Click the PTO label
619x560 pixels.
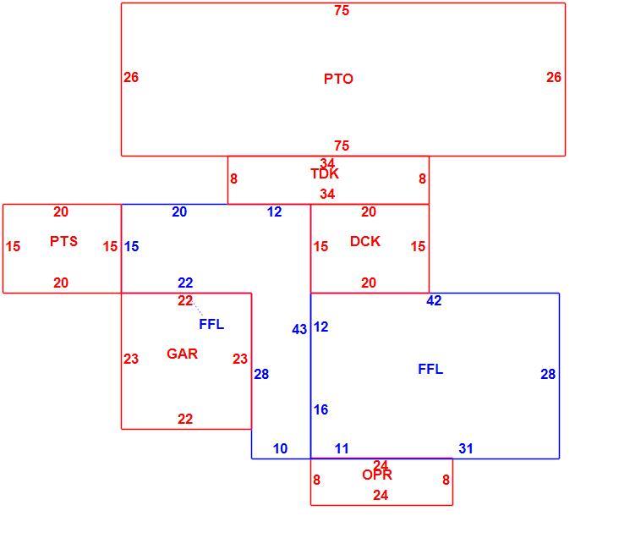338,79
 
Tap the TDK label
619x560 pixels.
325,173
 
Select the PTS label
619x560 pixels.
63,241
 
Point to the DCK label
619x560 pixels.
365,241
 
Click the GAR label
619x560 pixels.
182,354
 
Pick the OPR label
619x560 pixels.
377,475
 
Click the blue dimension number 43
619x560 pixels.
299,329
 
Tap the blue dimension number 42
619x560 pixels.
434,300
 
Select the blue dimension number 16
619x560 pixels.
321,409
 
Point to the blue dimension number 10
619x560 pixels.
280,448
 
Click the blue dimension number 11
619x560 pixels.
342,448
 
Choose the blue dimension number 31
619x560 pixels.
466,448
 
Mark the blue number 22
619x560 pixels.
185,283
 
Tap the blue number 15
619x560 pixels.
131,246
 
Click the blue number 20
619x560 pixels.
179,211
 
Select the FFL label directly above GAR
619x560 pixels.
211,324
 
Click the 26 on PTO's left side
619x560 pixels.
131,77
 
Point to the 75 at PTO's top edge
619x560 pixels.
342,10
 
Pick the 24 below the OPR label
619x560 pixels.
381,495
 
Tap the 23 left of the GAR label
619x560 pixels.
131,359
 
